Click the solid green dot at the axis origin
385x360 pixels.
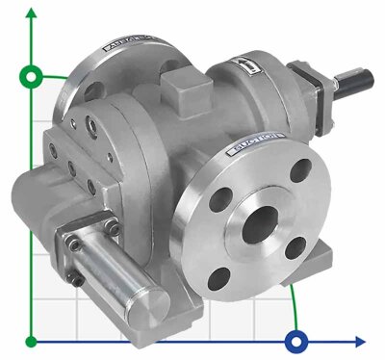(33, 340)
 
